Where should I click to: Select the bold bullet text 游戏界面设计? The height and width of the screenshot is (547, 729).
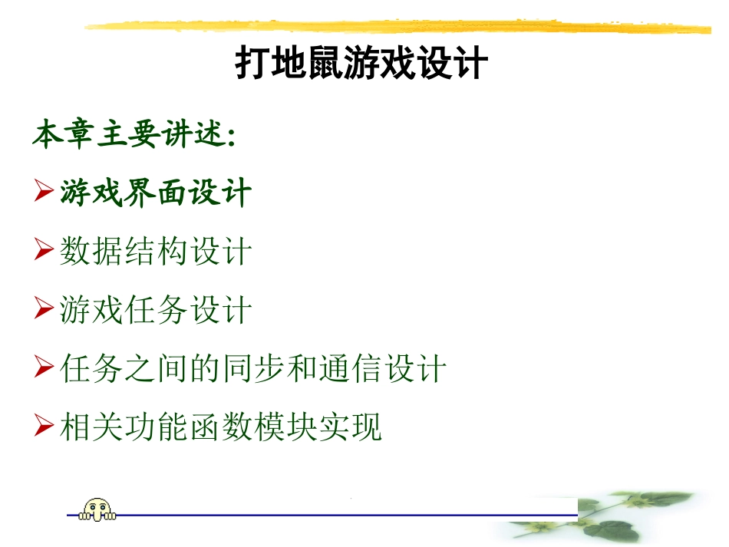(156, 192)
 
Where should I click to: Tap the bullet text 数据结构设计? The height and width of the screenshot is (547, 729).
(156, 252)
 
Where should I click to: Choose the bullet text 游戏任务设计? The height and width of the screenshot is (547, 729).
(156, 311)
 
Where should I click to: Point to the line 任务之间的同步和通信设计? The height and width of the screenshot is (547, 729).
(252, 369)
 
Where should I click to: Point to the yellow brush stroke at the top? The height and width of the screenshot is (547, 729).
(399, 28)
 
